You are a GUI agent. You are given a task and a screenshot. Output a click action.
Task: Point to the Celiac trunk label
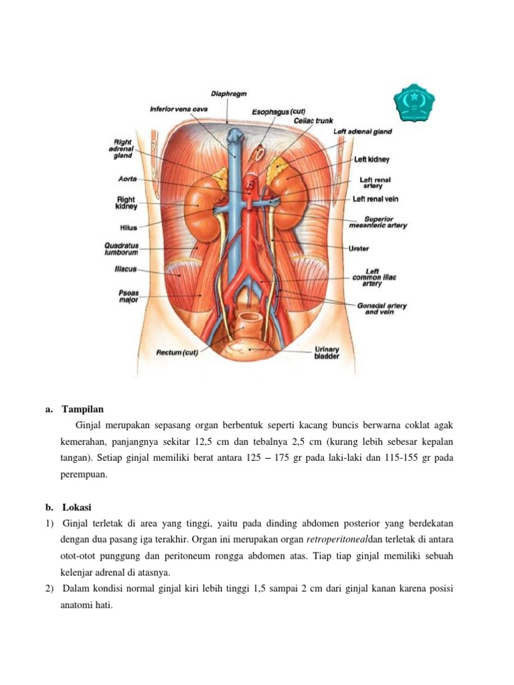pos(314,121)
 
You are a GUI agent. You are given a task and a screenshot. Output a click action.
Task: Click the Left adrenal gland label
pos(363,132)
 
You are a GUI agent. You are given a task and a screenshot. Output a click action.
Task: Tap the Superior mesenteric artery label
pos(378,222)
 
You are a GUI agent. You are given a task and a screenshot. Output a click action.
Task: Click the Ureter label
pos(359,248)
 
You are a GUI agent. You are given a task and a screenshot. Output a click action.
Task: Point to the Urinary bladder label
pos(327,353)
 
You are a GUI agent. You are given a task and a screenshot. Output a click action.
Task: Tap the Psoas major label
pos(128,296)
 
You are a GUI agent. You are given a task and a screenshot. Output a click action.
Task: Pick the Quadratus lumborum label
pos(121,249)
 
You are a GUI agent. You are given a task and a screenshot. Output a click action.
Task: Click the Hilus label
pos(128,227)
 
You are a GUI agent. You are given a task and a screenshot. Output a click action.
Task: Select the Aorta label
pos(128,179)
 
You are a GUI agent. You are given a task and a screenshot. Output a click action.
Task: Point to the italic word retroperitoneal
pos(337,539)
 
